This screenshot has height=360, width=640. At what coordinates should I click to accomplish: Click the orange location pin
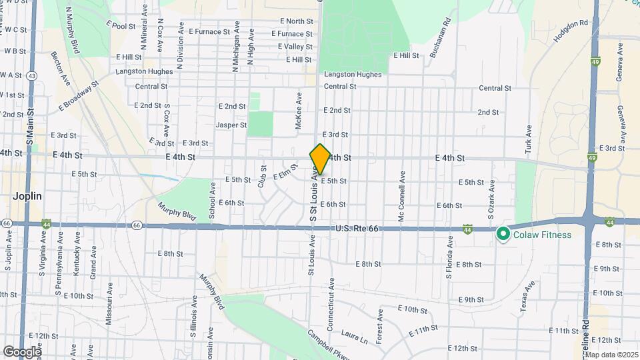click(x=320, y=159)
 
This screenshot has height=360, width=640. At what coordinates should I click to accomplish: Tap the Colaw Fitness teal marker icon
click(x=502, y=234)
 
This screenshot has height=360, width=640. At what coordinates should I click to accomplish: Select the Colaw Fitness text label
click(x=543, y=235)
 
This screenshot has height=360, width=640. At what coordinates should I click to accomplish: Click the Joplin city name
click(x=27, y=197)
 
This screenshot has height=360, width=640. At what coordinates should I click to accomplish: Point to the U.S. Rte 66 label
click(x=357, y=229)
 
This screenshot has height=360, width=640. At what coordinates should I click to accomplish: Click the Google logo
click(x=22, y=351)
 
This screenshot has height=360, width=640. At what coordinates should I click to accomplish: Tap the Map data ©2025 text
click(x=611, y=354)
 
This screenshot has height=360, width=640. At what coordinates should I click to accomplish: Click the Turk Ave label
click(x=529, y=137)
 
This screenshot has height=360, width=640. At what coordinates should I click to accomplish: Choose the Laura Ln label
click(x=355, y=336)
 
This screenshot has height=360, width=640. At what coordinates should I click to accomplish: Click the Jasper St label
click(x=231, y=125)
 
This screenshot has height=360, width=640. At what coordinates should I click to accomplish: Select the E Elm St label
click(x=285, y=173)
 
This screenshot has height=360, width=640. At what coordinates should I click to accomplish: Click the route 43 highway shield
click(x=32, y=75)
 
